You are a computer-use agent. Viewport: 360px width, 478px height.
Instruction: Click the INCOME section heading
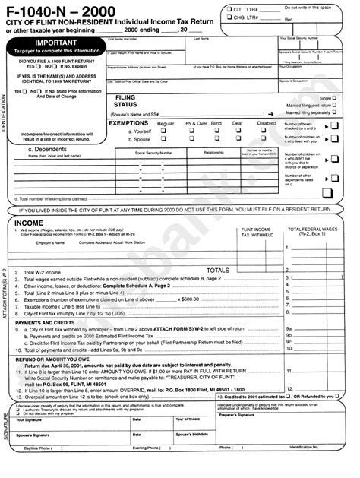click(29, 223)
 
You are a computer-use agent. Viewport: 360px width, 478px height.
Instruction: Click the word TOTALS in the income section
click(218, 270)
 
